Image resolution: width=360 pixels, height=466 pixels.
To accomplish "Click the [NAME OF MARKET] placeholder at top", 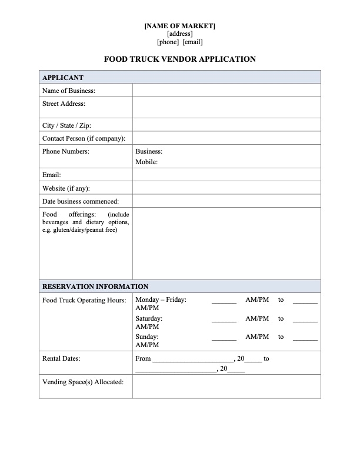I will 180,26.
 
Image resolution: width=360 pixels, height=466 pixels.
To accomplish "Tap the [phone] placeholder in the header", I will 168,42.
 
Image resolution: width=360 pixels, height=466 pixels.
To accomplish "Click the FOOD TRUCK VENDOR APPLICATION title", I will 180,59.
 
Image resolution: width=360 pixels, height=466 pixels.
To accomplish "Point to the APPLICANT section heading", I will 63,78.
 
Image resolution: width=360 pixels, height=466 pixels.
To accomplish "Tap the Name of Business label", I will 69,91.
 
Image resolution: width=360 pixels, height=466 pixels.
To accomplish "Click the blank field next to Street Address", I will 226,107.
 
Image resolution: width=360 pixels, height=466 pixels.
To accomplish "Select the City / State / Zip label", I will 66,125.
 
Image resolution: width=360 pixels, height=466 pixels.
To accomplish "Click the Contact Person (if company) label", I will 84,138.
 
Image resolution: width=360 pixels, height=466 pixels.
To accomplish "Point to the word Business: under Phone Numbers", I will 149,151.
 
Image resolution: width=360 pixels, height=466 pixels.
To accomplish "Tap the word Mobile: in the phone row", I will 146,162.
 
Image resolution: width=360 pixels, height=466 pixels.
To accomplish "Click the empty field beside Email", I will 226,175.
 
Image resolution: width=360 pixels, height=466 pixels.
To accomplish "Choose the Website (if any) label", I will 66,188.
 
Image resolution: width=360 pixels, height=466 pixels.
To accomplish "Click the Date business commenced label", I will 81,201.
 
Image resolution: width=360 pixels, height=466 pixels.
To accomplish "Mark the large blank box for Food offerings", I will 226,243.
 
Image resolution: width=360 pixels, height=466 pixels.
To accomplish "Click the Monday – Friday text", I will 161,300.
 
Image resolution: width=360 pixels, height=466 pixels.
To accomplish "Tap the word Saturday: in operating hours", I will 149,318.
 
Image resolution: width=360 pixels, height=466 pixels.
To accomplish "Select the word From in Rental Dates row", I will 143,358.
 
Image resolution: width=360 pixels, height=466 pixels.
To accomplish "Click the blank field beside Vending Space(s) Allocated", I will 226,387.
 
